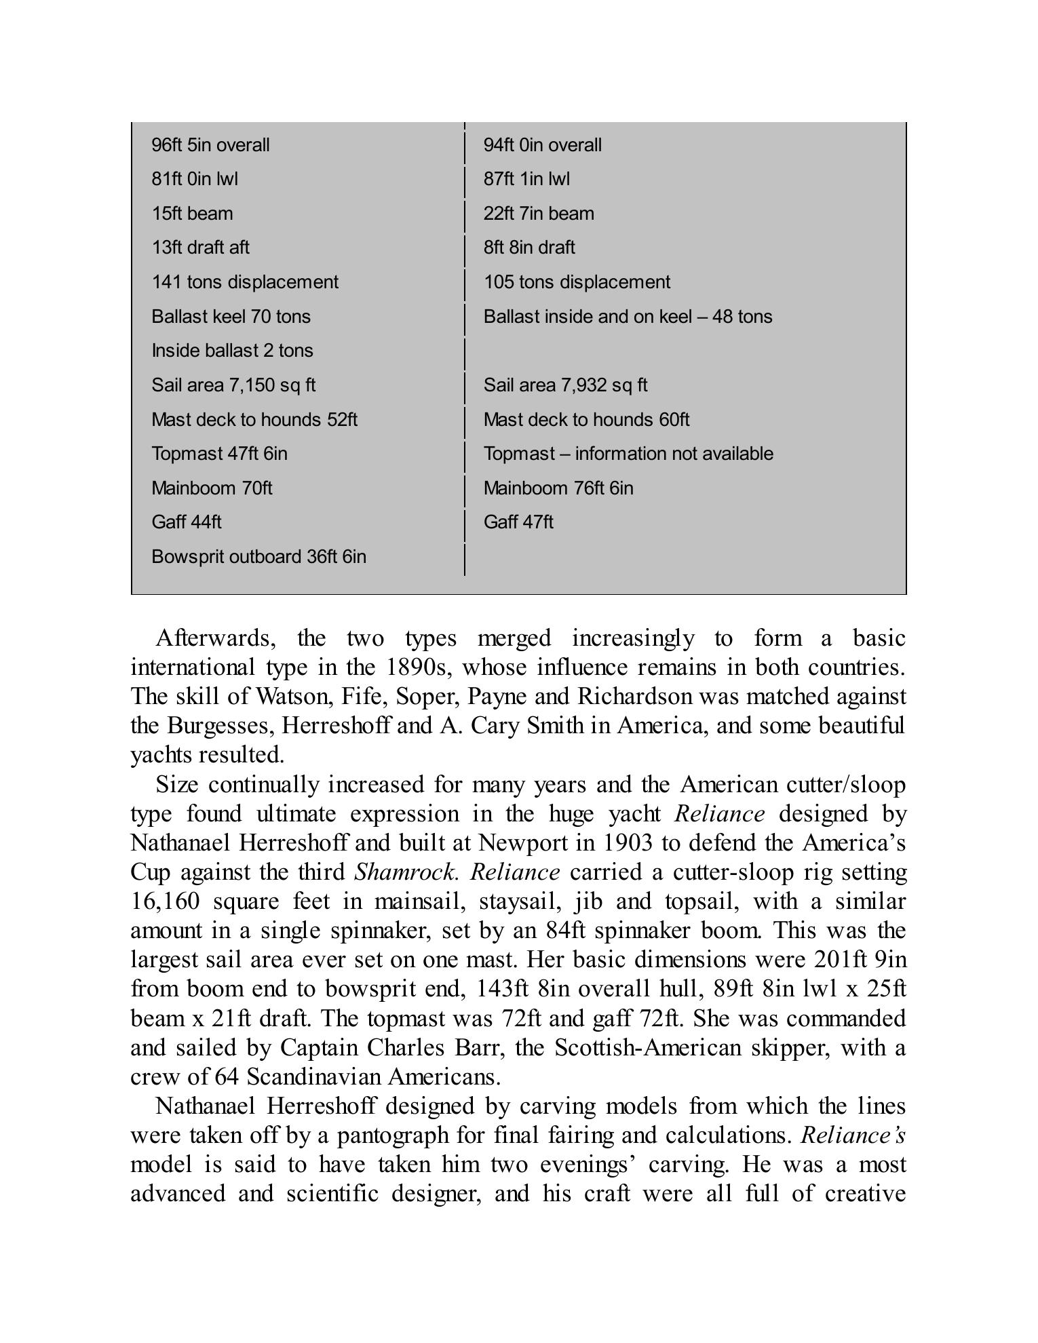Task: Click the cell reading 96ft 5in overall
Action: click(x=210, y=145)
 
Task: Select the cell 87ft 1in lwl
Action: click(x=526, y=179)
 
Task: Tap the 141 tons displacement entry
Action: click(x=244, y=282)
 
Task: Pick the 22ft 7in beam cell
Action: click(x=539, y=214)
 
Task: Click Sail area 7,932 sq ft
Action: click(x=565, y=385)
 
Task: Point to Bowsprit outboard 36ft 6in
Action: click(x=258, y=557)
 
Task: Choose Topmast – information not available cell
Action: click(x=628, y=454)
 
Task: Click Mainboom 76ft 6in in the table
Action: click(x=558, y=488)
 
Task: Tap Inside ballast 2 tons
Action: click(x=232, y=351)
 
